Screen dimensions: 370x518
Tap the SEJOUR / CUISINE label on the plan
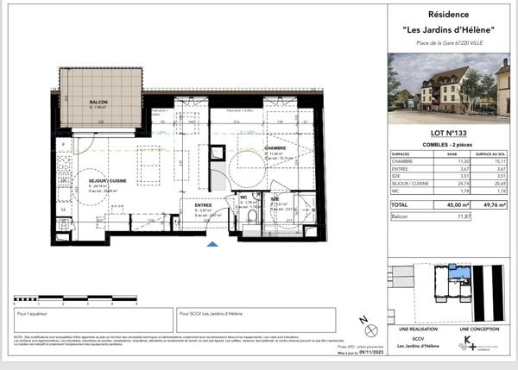coord(92,181)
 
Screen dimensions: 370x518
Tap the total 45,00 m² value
coord(439,205)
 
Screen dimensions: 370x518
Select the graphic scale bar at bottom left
coord(75,302)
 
